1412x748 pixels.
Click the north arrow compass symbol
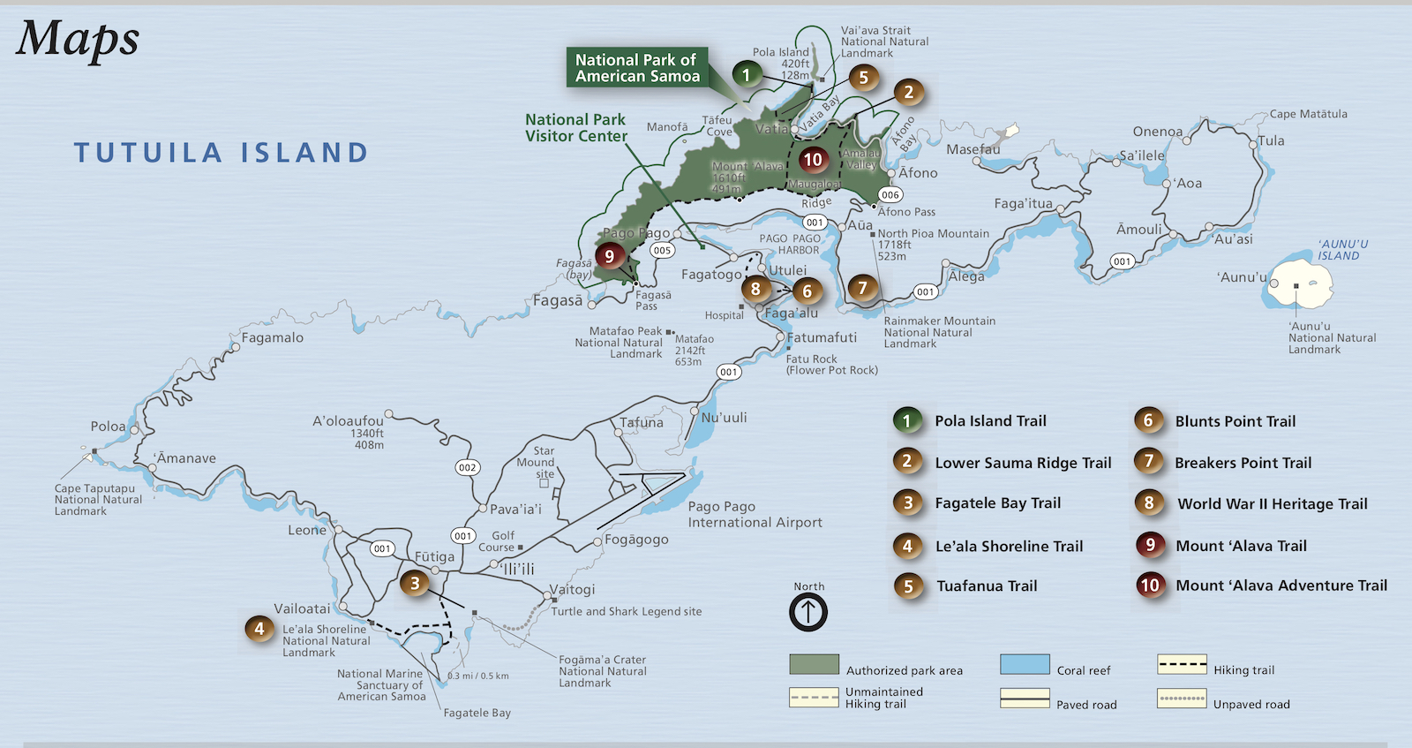click(x=807, y=611)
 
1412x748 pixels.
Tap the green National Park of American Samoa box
click(x=636, y=67)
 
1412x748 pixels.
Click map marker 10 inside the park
click(x=813, y=160)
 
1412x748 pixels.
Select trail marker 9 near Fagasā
click(x=609, y=256)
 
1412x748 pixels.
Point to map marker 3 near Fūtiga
click(x=415, y=583)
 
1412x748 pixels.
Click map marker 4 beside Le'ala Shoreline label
click(x=259, y=629)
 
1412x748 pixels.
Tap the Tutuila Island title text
click(x=221, y=153)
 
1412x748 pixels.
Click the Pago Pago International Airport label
click(x=755, y=514)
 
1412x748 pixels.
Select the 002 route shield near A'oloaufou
click(x=467, y=467)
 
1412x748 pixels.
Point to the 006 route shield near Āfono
click(x=890, y=194)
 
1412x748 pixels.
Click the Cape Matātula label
click(x=1308, y=114)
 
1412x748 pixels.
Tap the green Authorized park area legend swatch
click(x=814, y=665)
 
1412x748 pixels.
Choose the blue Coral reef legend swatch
click(x=1025, y=665)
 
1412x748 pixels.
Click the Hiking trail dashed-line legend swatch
click(x=1182, y=665)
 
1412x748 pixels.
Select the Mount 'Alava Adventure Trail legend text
click(x=1281, y=586)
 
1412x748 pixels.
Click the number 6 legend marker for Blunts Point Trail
click(x=1148, y=420)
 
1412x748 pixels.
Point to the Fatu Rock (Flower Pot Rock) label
click(x=831, y=365)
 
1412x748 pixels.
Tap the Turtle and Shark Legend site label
click(x=627, y=611)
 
